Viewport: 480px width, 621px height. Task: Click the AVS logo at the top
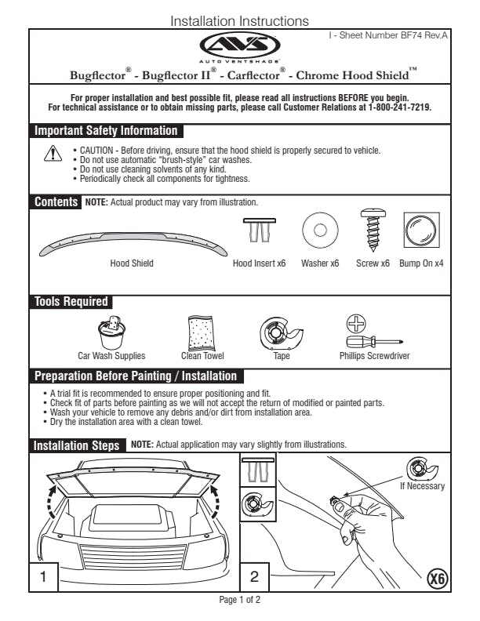238,45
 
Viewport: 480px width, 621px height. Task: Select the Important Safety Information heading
106,131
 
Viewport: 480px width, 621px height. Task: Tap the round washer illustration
319,231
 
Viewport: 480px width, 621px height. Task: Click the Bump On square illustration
420,231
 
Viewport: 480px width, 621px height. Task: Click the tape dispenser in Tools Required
281,335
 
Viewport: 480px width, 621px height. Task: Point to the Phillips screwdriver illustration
373,335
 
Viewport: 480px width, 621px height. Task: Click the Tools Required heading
71,302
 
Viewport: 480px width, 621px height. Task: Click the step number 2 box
254,576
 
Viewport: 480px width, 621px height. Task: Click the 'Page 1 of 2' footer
239,600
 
